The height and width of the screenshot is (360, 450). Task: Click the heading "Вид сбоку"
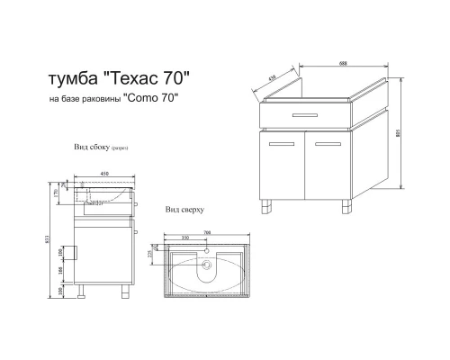(94, 145)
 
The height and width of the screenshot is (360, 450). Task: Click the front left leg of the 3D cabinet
(268, 209)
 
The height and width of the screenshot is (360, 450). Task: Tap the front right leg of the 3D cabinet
(347, 209)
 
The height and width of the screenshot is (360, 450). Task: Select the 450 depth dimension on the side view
(103, 175)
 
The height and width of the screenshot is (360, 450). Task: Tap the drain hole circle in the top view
(210, 266)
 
